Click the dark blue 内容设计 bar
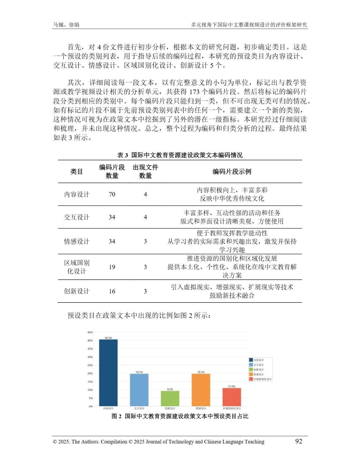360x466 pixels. tap(108, 373)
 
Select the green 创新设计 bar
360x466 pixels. tap(170, 398)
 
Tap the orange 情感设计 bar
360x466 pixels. tap(201, 390)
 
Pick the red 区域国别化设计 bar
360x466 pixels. tap(232, 397)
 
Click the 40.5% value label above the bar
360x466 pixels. tap(108, 338)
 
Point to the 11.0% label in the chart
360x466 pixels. tap(232, 386)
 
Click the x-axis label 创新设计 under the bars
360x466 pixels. tap(170, 408)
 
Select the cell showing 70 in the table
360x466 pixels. tap(112, 194)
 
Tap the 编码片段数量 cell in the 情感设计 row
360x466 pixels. tap(112, 241)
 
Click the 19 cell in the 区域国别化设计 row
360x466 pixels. tap(112, 267)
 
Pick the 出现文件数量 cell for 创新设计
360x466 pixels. tap(145, 291)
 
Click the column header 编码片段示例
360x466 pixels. tap(232, 172)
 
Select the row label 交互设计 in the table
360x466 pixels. tap(76, 217)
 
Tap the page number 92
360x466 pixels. tap(298, 441)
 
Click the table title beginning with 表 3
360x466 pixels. tap(180, 155)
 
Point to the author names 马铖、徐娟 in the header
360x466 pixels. tap(66, 25)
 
